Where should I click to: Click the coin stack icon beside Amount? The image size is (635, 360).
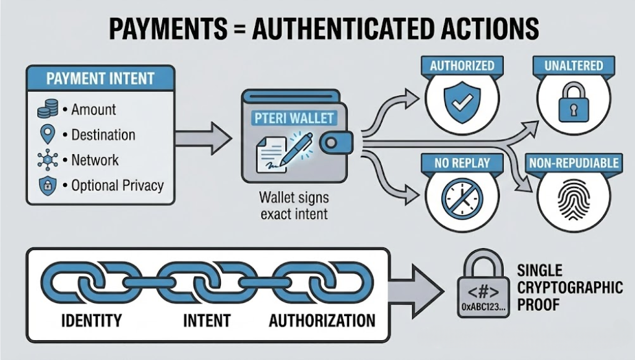pyautogui.click(x=48, y=110)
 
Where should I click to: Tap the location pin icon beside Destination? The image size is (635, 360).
pyautogui.click(x=48, y=134)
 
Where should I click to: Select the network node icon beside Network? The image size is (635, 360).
pyautogui.click(x=48, y=159)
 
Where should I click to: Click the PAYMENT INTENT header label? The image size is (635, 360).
pyautogui.click(x=100, y=79)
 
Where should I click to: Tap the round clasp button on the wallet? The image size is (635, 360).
pyautogui.click(x=332, y=143)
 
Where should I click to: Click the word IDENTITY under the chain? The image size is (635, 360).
pyautogui.click(x=92, y=321)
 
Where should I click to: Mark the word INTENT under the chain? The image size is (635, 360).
pyautogui.click(x=207, y=321)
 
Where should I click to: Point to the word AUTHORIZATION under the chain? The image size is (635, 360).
pyautogui.click(x=322, y=321)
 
